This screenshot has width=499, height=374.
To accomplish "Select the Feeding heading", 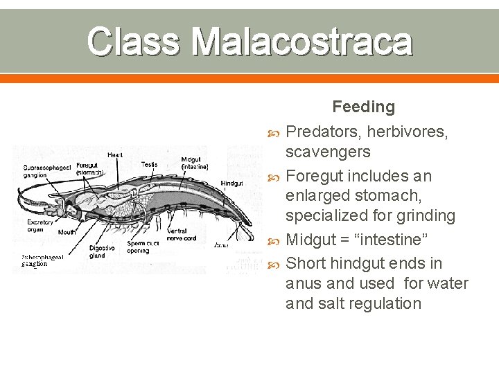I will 363,107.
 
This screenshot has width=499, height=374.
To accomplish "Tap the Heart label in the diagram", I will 115,155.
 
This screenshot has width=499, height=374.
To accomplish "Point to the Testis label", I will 149,164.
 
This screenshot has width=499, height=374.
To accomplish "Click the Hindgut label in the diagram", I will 231,184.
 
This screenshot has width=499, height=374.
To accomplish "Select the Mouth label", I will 67,233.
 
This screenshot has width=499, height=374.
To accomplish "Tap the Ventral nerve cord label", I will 182,234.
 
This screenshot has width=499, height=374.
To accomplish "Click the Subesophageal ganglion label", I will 42,260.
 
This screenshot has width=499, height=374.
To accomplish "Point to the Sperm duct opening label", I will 142,247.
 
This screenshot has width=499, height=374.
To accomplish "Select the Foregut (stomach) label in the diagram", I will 89,168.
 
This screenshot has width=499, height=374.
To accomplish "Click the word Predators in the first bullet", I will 319,130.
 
